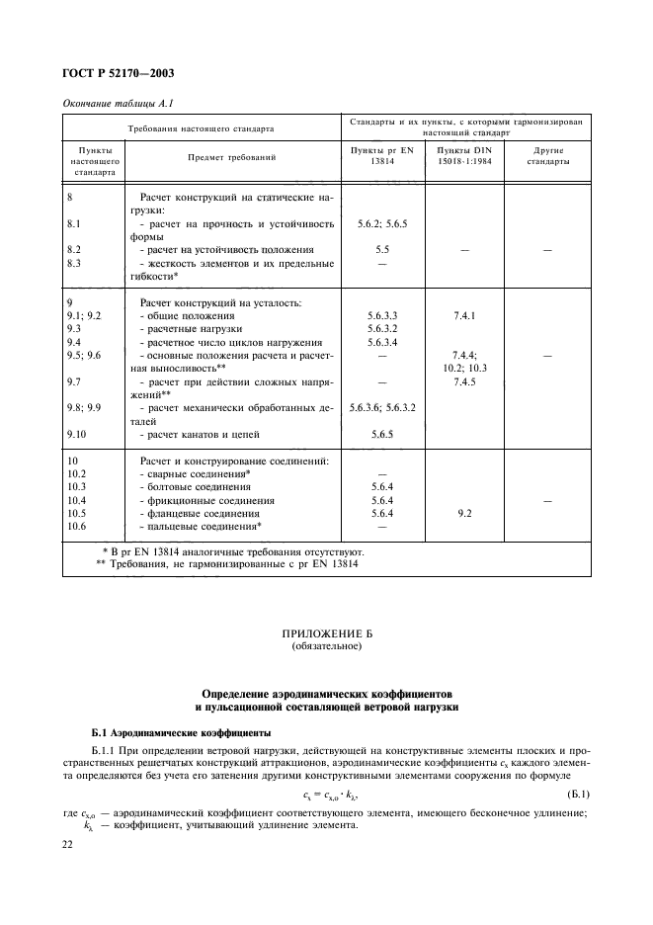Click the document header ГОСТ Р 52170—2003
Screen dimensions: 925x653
pyautogui.click(x=111, y=72)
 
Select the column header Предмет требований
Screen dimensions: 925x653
pyautogui.click(x=232, y=156)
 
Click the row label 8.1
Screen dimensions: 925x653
pyautogui.click(x=74, y=223)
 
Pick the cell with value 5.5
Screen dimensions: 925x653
pyautogui.click(x=381, y=250)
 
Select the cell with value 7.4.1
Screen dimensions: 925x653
pyautogui.click(x=464, y=315)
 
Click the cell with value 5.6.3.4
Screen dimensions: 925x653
pyautogui.click(x=381, y=341)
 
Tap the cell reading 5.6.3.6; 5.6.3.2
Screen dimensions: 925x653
pyautogui.click(x=381, y=407)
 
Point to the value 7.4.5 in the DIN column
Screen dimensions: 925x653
pyautogui.click(x=464, y=380)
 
